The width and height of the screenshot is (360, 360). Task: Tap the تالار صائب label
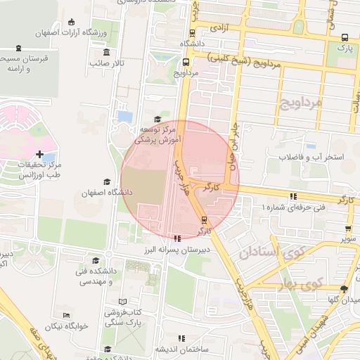coord(107,63)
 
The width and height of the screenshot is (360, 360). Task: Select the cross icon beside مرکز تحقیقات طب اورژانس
coord(39,154)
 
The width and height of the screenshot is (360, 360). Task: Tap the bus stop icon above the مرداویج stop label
coord(186,61)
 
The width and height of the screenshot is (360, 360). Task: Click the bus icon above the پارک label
coord(344,38)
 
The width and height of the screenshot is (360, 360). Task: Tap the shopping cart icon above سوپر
coord(348,228)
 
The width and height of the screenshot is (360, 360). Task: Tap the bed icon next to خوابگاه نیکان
coord(66,316)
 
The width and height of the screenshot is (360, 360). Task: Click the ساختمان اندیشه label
coord(181,350)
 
